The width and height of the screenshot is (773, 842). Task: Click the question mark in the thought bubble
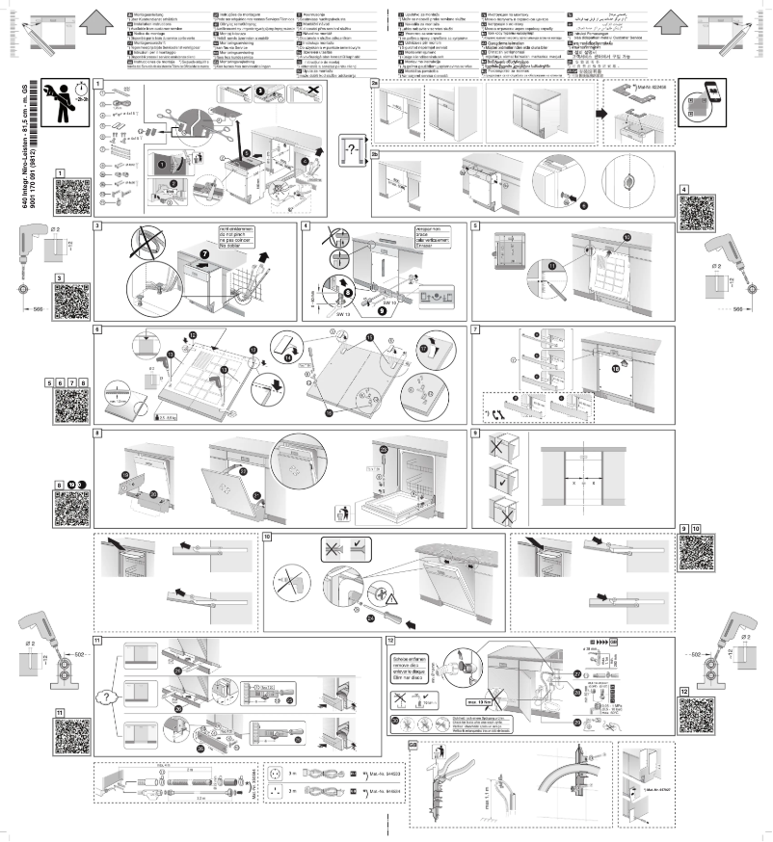pos(356,147)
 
